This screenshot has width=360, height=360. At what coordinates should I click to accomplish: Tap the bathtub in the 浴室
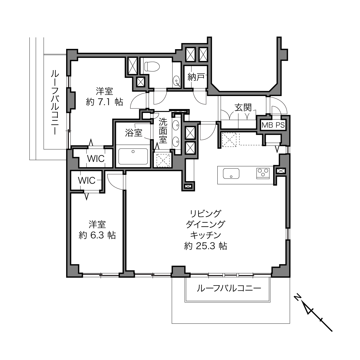coord(133,156)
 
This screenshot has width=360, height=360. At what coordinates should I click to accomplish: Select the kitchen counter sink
coord(231,173)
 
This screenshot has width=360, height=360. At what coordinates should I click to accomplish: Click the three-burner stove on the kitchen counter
coord(263,173)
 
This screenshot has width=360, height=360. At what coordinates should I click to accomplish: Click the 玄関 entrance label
coord(243,108)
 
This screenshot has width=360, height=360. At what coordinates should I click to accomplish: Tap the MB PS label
coord(273,125)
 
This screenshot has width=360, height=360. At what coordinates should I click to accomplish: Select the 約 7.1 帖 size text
coord(104,102)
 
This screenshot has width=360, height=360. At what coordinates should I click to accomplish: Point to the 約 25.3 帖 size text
coord(206,246)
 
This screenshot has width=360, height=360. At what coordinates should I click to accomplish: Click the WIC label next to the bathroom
coord(96,159)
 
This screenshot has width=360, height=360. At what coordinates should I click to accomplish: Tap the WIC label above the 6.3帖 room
coord(87,181)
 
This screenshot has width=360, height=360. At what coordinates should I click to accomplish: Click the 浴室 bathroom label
coord(134,133)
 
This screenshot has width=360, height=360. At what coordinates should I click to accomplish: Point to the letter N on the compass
coord(297,297)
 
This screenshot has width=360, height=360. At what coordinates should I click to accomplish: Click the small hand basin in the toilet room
coord(176,81)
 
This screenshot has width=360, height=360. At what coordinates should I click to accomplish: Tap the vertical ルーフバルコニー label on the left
coord(55,102)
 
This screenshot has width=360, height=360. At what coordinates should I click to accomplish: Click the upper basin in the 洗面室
coord(176,125)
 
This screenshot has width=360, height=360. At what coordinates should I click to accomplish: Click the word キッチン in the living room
coord(206,235)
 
